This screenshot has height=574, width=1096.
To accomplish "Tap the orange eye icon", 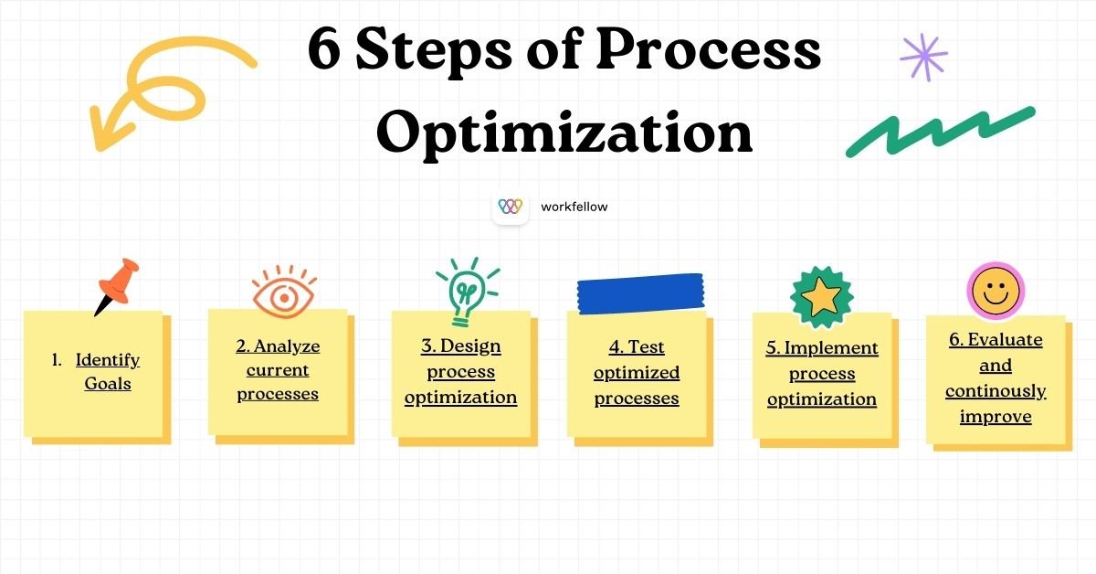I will pos(284,293).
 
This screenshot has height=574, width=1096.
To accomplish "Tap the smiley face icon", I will pos(996,292).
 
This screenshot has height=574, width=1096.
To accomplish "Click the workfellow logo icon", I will pos(510,207).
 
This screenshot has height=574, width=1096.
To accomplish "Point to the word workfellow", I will pos(574,207).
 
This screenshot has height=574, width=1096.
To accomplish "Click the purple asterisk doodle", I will pos(923,58).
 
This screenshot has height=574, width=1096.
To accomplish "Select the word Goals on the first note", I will pos(108,384).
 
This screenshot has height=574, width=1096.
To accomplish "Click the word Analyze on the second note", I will pos(287,346).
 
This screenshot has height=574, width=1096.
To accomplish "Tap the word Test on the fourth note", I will pos(646,347).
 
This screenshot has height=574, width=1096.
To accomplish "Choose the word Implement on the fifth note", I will pos(831,348).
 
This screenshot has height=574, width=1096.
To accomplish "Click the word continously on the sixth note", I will pos(996,391).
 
